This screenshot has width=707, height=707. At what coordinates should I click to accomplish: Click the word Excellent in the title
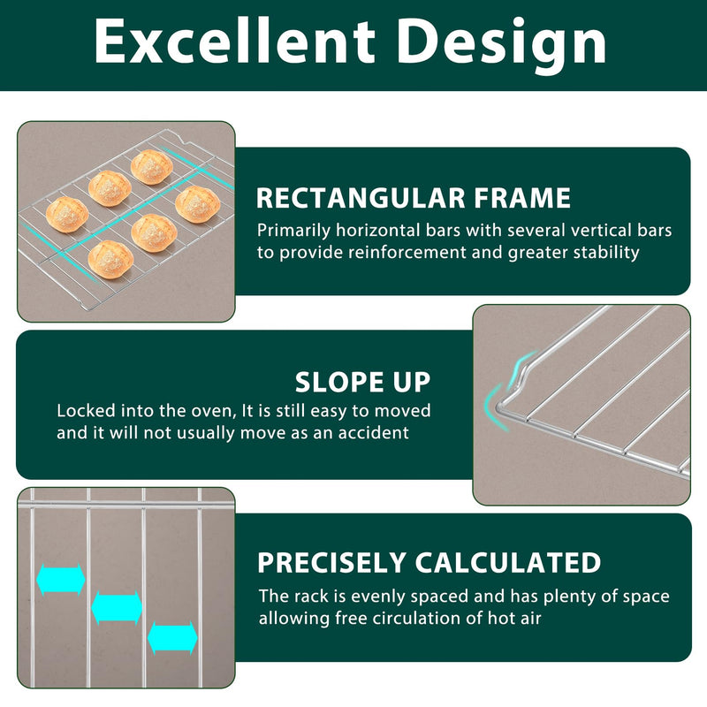[234, 42]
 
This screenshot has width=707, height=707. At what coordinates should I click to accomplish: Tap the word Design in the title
[501, 46]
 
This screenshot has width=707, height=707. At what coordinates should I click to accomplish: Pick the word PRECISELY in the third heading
[331, 562]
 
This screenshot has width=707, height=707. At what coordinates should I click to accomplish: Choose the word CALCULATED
[507, 562]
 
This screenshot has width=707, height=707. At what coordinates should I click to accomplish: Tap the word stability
[606, 253]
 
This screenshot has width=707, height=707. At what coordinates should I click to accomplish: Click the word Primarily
[294, 231]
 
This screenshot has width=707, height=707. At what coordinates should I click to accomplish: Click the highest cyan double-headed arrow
[61, 580]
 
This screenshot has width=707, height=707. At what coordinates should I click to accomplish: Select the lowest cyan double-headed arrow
[172, 638]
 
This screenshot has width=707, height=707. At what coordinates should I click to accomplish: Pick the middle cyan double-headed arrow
[117, 608]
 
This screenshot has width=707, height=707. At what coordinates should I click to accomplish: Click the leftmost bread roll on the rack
[67, 215]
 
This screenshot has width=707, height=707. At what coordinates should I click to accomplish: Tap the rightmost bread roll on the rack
[197, 204]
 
